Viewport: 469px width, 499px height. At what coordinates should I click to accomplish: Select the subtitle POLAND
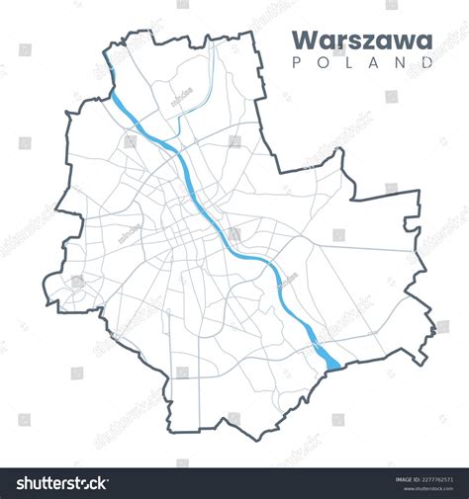pos(363,61)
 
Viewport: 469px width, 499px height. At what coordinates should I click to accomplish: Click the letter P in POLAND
pos(299,61)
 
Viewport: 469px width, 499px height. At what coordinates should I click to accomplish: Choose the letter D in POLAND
pos(427,61)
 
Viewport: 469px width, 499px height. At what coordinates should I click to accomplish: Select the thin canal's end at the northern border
pos(213,47)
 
